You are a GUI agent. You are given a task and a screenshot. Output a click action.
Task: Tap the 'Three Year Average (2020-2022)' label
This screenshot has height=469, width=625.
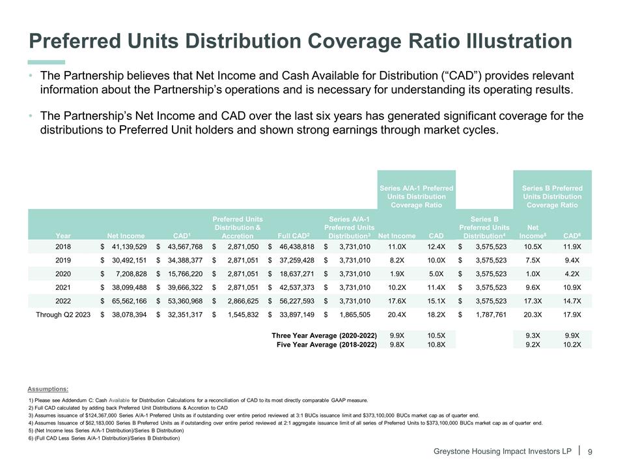click(x=324, y=335)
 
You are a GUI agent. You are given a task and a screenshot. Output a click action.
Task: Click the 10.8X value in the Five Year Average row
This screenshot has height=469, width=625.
click(x=436, y=344)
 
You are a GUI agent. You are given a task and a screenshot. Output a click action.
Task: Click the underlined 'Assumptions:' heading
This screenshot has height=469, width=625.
click(x=48, y=389)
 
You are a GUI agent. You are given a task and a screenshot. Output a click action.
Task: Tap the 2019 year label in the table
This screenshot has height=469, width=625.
click(x=64, y=265)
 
